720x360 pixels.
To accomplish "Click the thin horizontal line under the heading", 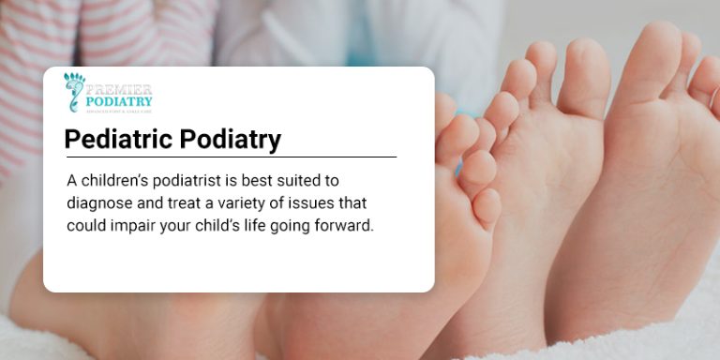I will [x=231, y=157].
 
